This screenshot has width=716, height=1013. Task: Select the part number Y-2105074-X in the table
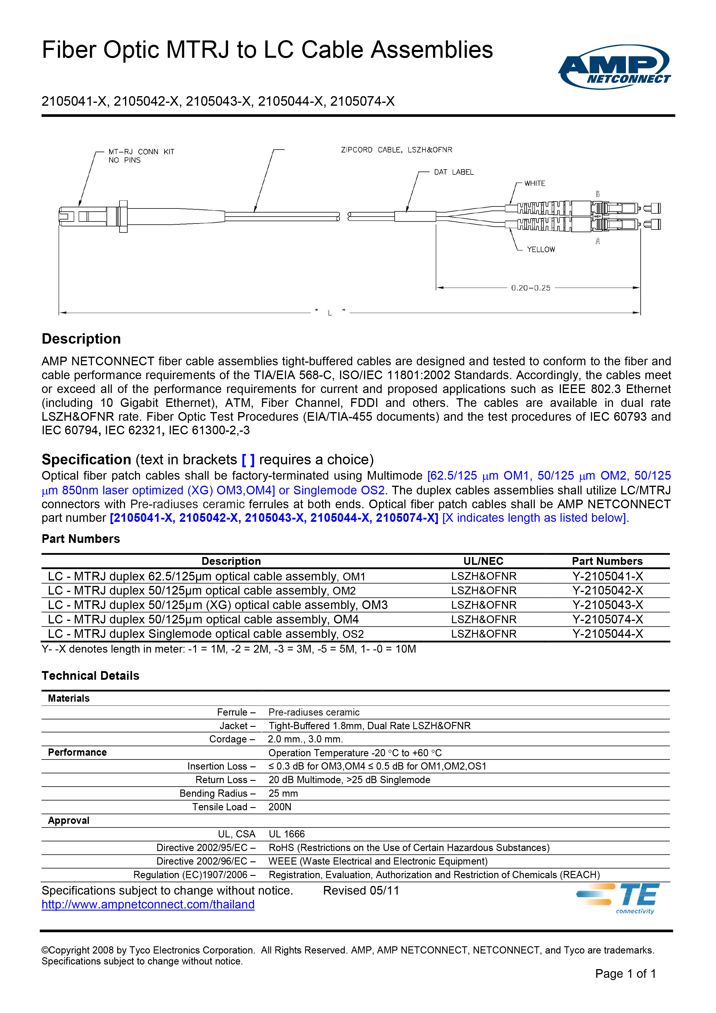pos(607,619)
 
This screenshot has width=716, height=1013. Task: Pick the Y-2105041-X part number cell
pos(607,576)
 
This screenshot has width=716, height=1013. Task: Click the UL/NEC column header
pos(483,561)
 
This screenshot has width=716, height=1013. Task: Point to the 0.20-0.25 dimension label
pos(531,288)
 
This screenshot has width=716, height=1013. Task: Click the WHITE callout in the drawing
pos(535,184)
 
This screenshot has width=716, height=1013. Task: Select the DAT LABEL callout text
pos(454,172)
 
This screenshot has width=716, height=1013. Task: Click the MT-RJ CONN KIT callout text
pos(141,152)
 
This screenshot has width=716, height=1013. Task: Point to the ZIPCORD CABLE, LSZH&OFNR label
pos(396,150)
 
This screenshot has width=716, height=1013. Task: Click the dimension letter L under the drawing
pos(329,313)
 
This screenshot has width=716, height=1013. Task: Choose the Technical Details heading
pos(90,676)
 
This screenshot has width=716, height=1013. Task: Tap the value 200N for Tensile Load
pos(280,807)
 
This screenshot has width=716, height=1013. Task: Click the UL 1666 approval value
pos(287,834)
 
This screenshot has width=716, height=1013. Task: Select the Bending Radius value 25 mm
pos(283,793)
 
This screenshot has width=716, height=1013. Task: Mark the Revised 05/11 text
pos(361,891)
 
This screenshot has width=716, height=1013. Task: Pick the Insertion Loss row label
pos(221,766)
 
